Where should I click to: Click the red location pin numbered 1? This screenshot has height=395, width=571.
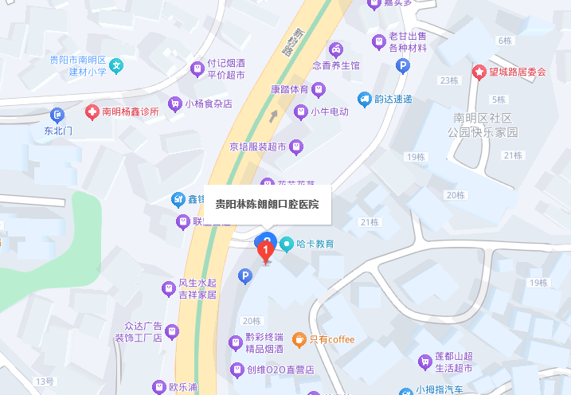pos(266,251)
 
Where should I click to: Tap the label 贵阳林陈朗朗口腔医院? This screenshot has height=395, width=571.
pos(267,204)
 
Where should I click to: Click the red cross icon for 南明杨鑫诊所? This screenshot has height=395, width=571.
pos(93,111)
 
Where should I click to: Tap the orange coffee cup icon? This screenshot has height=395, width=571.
pos(299,339)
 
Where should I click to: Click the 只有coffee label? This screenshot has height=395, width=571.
pos(331,339)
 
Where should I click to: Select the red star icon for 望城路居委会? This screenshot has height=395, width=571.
pos(479,72)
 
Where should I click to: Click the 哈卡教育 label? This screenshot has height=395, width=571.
pos(315,243)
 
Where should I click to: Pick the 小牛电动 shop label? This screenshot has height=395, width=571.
pos(329,111)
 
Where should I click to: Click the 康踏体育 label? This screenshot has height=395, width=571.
pos(289,89)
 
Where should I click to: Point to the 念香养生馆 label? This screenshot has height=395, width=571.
pos(335,65)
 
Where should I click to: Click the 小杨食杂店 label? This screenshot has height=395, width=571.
pos(208,104)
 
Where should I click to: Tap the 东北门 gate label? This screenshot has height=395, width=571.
pos(58,130)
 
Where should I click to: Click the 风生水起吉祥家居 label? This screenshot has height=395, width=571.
pos(197,288)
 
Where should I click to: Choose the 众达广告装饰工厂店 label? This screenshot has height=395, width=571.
pos(143,331)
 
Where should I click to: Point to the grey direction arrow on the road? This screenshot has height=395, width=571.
pos(274,116)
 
